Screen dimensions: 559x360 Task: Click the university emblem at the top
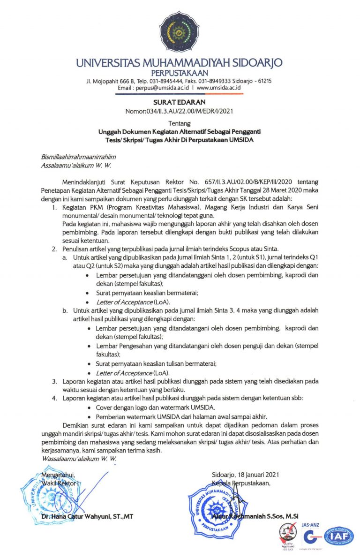[x=180, y=31]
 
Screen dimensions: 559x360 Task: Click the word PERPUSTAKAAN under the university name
[x=180, y=72]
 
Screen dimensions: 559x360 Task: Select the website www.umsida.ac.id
[x=218, y=87]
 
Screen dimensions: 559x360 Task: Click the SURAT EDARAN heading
[x=180, y=102]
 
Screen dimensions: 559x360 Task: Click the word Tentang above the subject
[x=180, y=124]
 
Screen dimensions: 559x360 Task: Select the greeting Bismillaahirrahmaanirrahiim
[x=79, y=157]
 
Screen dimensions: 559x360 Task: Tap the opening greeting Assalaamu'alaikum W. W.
[x=73, y=165]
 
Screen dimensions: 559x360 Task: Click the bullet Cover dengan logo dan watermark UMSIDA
[x=149, y=408]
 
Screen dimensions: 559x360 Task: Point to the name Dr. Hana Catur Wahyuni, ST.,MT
[x=87, y=517]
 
